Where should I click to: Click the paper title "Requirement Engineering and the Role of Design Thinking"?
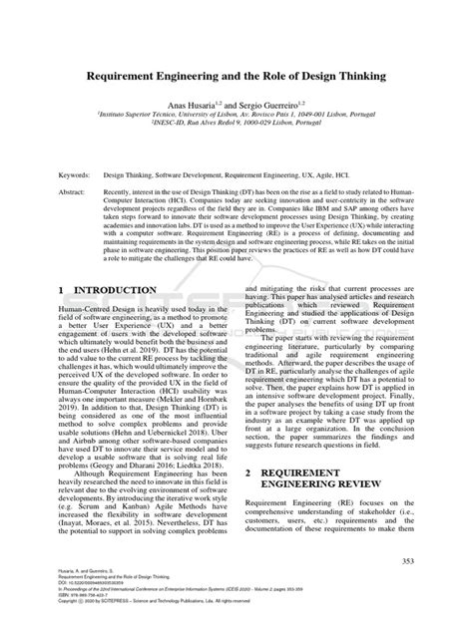coord(236,76)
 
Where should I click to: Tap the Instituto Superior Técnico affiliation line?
coord(236,114)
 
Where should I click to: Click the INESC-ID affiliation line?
coord(236,124)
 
